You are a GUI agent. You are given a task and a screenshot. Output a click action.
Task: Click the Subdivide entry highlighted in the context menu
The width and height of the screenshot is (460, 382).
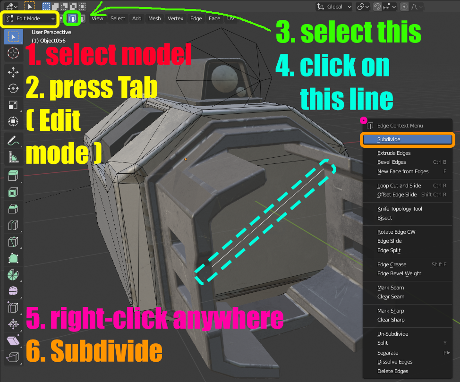389,139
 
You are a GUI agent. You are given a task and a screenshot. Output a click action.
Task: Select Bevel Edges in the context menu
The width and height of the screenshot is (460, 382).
392,162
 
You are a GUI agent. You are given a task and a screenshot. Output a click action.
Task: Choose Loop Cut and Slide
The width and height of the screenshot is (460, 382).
399,186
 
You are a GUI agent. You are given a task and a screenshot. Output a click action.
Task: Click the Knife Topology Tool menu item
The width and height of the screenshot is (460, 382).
400,209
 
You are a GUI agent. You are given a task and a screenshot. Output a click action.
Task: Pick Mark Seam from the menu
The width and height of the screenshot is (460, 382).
391,288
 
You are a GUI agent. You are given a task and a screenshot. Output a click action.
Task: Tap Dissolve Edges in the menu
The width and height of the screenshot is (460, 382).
395,362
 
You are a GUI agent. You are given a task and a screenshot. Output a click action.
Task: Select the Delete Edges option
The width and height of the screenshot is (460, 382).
392,371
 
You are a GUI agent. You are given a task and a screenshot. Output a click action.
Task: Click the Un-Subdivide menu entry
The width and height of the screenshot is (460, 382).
392,334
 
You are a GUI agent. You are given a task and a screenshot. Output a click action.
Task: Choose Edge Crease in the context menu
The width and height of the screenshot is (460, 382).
392,264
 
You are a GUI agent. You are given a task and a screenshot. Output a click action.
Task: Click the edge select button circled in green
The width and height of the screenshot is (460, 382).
72,18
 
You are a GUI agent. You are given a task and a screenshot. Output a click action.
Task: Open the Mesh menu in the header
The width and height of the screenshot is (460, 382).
154,18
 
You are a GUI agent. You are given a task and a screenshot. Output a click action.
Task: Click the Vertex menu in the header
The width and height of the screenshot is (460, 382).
175,18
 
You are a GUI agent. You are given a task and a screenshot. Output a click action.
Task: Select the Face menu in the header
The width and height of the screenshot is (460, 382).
214,18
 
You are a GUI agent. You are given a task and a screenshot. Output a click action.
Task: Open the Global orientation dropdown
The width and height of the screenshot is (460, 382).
335,7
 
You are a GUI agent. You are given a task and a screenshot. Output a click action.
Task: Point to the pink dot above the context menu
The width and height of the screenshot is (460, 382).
364,121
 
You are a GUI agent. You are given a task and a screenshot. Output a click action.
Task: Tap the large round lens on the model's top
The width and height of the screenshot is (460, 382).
222,76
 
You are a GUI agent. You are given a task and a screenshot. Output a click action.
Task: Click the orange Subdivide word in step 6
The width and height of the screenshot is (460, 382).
106,351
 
